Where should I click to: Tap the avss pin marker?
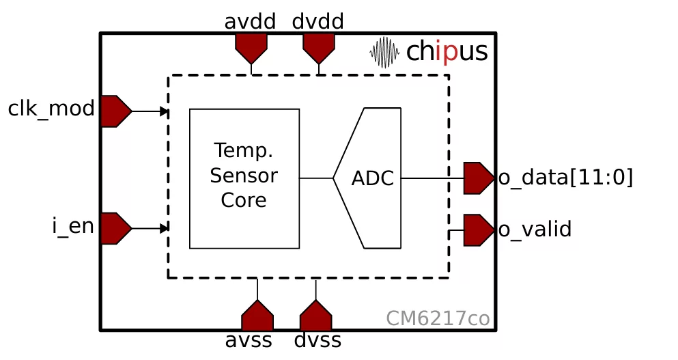[257, 316]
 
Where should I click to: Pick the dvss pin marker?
[315, 316]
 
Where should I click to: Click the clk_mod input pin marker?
[115, 111]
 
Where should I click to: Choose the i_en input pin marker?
[115, 228]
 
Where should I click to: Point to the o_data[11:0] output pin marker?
[478, 178]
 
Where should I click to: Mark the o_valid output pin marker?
[478, 230]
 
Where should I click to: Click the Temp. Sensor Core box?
[244, 178]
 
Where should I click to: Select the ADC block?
[372, 178]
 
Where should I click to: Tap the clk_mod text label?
[51, 109]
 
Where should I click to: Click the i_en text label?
[73, 226]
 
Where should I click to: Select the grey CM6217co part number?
[438, 319]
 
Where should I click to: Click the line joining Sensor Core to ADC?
[316, 178]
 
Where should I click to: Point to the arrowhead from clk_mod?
[164, 111]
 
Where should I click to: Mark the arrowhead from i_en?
[164, 228]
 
